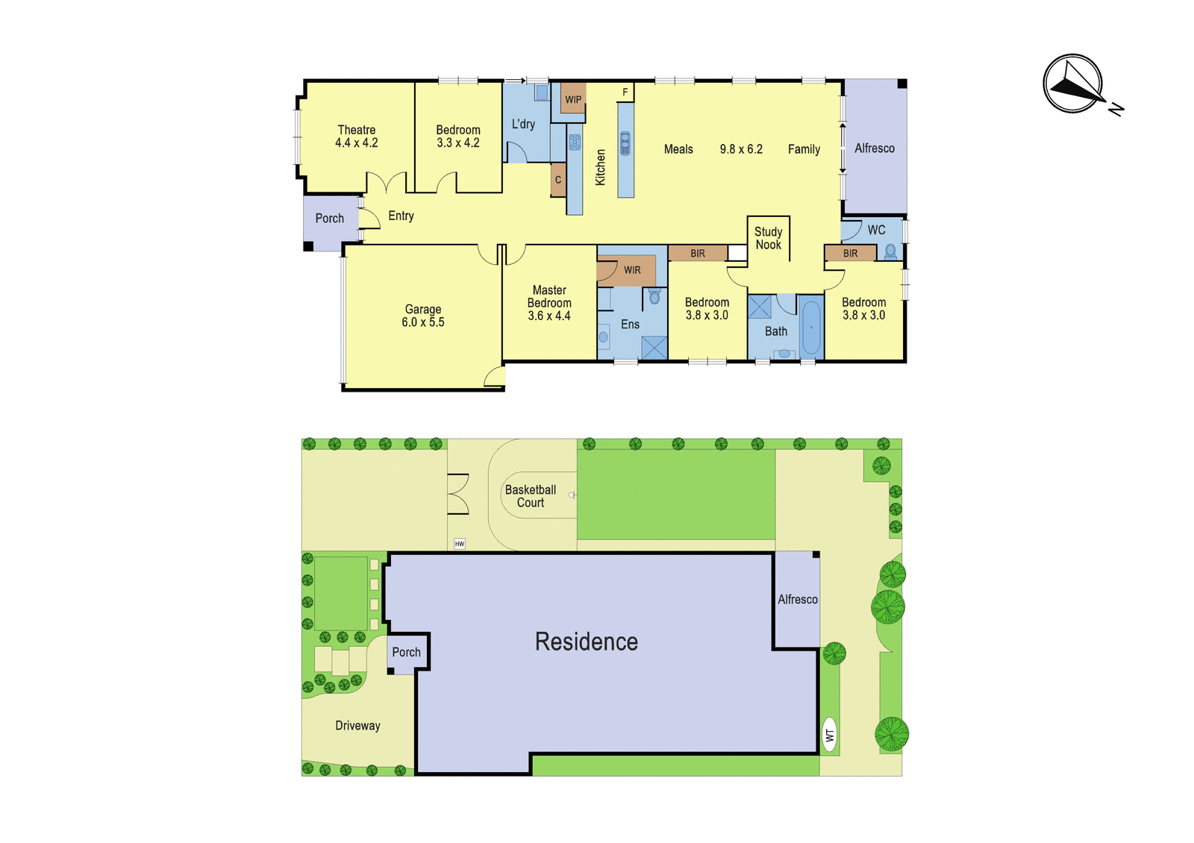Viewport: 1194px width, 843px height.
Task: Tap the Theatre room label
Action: [357, 130]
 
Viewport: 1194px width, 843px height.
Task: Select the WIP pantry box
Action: [573, 98]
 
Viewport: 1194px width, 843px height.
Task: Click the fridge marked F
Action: [625, 93]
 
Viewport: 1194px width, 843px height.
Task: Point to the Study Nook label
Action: [768, 238]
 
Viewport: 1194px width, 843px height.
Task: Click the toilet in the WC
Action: [890, 251]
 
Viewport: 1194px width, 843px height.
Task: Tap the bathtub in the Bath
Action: [811, 328]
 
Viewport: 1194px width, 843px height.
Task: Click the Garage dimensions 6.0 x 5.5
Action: [422, 322]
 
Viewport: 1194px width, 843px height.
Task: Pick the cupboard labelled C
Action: [558, 180]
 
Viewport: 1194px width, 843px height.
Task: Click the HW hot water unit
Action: [460, 544]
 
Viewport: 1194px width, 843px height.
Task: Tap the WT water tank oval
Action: [829, 735]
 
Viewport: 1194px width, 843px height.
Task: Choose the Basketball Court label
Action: [531, 496]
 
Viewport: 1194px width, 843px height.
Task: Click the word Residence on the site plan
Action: [587, 642]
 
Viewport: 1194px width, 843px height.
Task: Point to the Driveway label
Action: [357, 726]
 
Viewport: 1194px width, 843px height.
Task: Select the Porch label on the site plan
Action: [406, 652]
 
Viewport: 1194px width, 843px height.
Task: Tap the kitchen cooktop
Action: [575, 142]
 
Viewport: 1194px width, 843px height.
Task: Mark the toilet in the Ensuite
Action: [654, 296]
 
